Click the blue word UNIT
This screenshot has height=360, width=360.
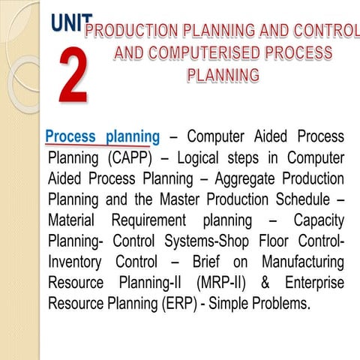[x=72, y=23]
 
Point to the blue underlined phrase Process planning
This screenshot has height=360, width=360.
[x=102, y=137]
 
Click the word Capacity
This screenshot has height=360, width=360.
[x=319, y=221]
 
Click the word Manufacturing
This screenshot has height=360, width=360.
[x=303, y=263]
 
